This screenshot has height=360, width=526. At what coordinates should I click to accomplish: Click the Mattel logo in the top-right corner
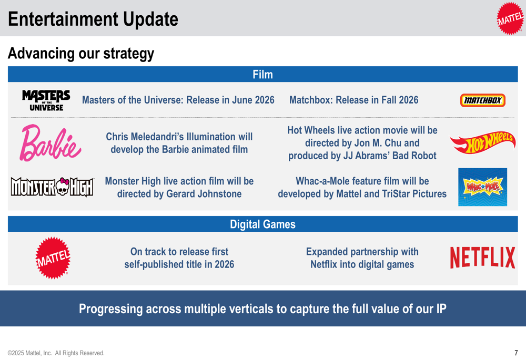pos(510,18)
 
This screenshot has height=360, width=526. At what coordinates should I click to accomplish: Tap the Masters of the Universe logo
pos(46,100)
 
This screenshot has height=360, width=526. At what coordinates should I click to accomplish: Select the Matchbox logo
pos(482,100)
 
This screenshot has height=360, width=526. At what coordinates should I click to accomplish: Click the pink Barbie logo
pos(50,143)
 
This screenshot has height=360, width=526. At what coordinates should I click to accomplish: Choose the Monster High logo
pos(52,187)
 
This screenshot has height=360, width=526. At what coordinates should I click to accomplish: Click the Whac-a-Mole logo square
pos(482,187)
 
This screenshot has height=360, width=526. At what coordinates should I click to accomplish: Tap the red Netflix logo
pos(482,258)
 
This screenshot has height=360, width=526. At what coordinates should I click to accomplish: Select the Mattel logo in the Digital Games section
pos(53,258)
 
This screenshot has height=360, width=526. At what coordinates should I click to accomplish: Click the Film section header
pos(262,75)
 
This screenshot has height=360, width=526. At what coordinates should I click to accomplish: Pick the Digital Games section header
pos(262,224)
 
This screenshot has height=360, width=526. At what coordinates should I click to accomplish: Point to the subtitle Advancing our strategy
pos(81,53)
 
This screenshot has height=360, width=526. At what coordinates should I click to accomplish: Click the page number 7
pos(517,353)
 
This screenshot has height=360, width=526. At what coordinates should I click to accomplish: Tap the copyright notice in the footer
pos(56,353)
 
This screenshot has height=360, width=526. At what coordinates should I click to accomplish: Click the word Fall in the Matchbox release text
pos(377,100)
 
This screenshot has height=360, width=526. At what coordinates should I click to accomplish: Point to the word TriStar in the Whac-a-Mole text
pos(397,194)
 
